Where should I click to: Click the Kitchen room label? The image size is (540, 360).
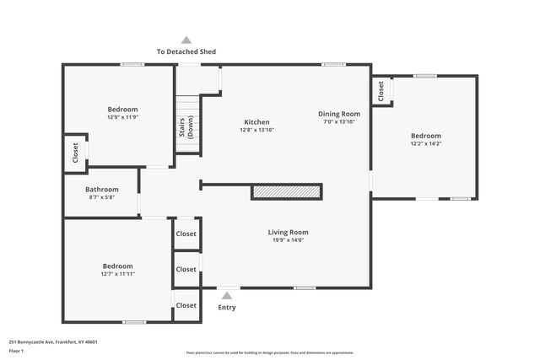(x=257, y=121)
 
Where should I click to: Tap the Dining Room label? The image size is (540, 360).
(x=338, y=114)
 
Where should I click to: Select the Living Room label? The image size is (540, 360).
(x=288, y=232)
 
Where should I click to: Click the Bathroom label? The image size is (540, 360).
(x=101, y=190)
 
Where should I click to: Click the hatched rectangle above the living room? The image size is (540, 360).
(x=287, y=193)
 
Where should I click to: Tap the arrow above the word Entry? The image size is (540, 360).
(x=226, y=295)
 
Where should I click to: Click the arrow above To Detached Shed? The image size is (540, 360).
(x=186, y=40)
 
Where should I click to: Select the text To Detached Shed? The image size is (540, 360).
(x=186, y=51)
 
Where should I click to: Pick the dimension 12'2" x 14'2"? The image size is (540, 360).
(x=425, y=143)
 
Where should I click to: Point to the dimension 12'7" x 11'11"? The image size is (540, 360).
(x=117, y=274)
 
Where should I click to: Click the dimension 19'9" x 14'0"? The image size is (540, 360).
(x=288, y=240)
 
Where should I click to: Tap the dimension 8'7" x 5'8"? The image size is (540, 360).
(x=101, y=197)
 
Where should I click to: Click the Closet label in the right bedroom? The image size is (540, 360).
(x=381, y=91)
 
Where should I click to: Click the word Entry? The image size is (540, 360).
(x=227, y=307)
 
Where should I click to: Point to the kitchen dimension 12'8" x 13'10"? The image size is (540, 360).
(x=257, y=130)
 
